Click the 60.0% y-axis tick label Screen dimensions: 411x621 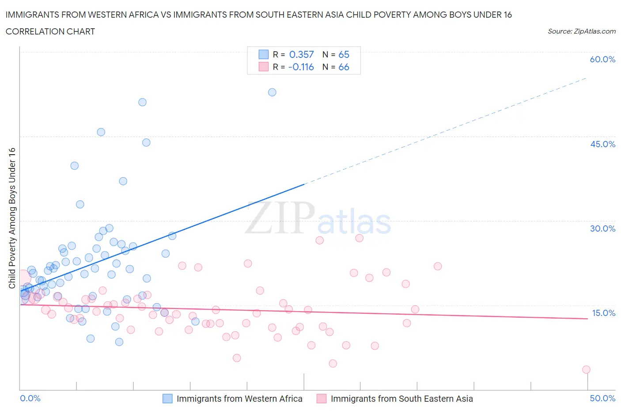coord(602,59)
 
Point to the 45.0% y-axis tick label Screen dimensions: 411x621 coord(602,144)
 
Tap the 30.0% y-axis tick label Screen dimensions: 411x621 coord(602,228)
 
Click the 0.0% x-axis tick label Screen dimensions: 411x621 coord(30,398)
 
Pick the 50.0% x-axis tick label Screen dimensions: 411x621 coord(602,398)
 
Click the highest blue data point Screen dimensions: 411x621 coord(272,92)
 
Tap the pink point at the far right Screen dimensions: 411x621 coord(586,369)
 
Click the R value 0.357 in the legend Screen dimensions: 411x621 coord(301,54)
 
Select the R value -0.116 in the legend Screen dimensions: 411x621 coord(301,67)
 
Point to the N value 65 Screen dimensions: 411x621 coord(344,54)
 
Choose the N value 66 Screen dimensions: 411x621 coord(344,67)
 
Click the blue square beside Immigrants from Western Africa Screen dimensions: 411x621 coord(167,399)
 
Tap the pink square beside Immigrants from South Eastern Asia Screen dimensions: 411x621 coord(322,399)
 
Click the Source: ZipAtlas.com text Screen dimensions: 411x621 coord(581,31)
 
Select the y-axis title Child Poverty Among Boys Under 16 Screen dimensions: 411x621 coord(12,218)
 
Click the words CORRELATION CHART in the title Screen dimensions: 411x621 coord(50,31)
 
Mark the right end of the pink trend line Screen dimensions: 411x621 coord(587,319)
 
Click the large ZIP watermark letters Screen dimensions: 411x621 coord(280,218)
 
